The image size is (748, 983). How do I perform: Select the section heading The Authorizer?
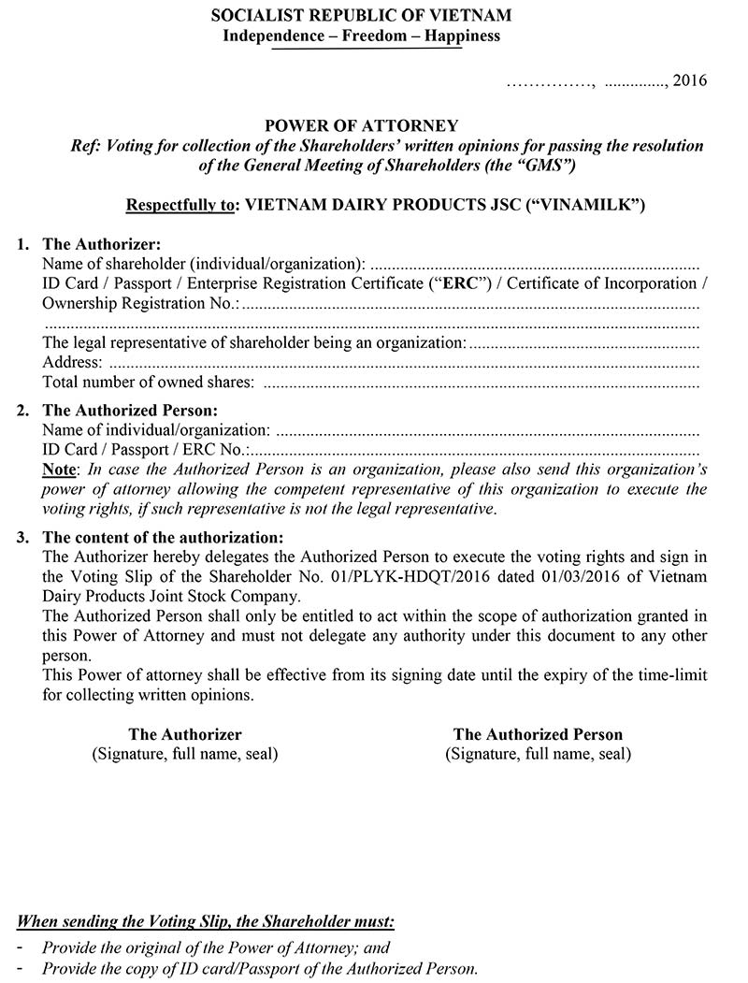point(102,244)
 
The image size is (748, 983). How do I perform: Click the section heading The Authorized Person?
point(130,410)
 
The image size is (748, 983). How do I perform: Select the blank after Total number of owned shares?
point(481,383)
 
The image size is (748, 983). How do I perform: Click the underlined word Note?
point(62,470)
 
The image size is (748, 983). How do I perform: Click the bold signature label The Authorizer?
point(185,734)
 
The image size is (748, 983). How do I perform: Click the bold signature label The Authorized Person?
point(538,734)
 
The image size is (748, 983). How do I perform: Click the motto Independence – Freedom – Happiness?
point(361,36)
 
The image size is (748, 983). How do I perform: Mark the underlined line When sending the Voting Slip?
point(207,921)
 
